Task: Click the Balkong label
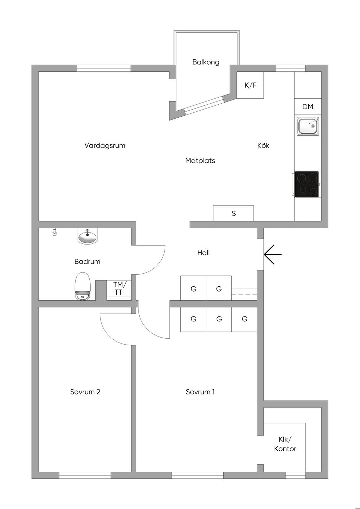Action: click(206, 62)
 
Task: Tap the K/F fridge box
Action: click(250, 85)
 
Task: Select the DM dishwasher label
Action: click(308, 106)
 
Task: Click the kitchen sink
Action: click(308, 126)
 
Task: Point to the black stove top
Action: click(307, 184)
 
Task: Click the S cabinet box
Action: click(233, 213)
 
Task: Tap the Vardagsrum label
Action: click(105, 145)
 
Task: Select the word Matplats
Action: click(200, 161)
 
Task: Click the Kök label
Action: click(263, 145)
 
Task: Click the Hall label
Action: click(204, 253)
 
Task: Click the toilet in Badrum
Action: click(83, 286)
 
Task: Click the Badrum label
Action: click(87, 262)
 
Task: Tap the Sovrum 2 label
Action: click(85, 392)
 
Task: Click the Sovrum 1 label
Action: click(200, 392)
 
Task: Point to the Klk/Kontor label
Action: click(285, 444)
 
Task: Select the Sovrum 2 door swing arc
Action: click(109, 335)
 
